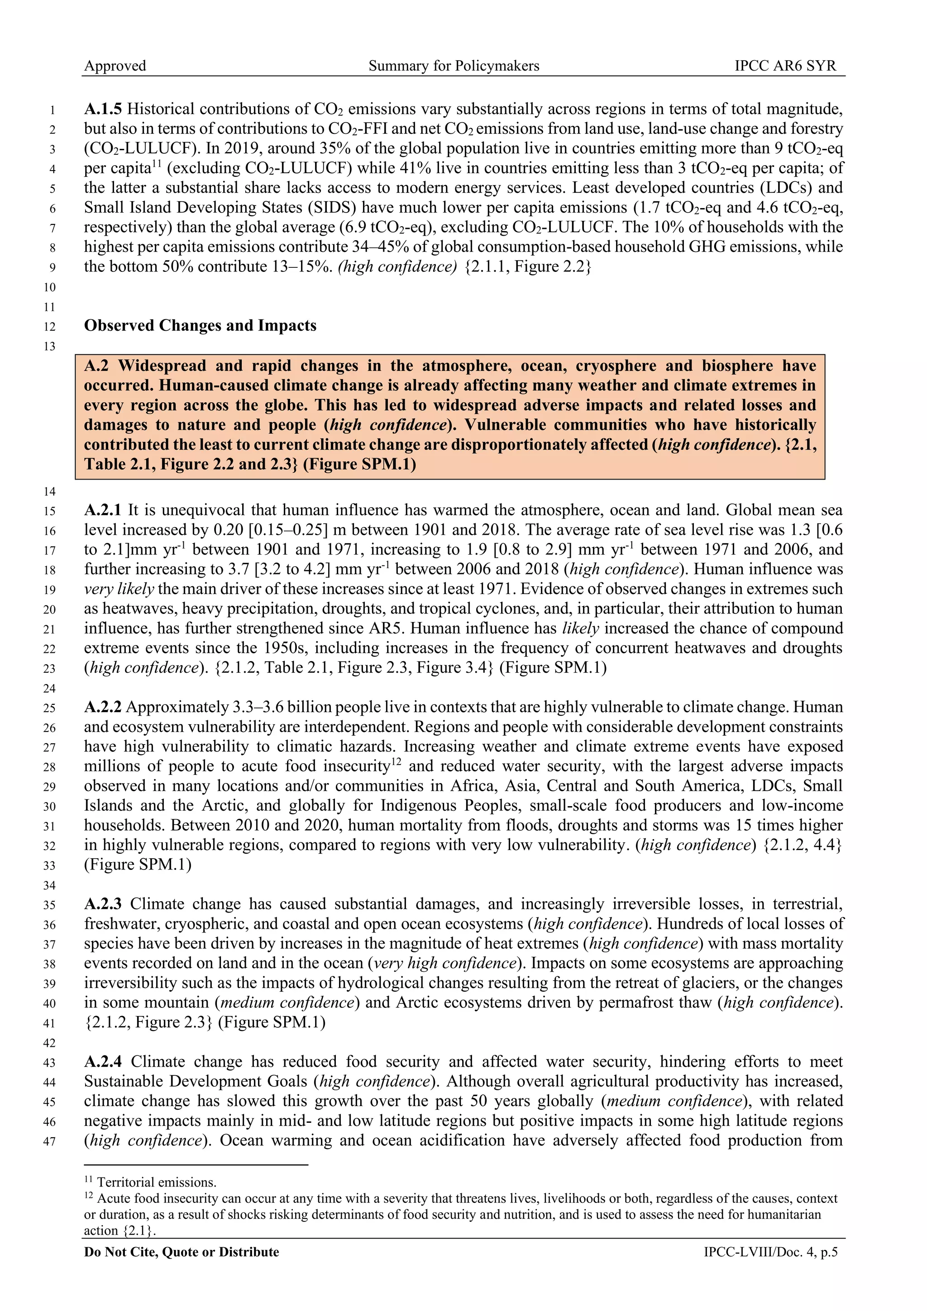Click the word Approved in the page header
click(x=115, y=66)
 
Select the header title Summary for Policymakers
click(x=454, y=66)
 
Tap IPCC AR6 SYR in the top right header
click(x=785, y=66)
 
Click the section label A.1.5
click(x=103, y=109)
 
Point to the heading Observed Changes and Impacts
click(x=200, y=325)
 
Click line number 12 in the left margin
click(x=50, y=327)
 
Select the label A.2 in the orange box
click(x=97, y=366)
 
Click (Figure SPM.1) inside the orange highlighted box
click(x=359, y=464)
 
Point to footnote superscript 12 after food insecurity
click(x=397, y=762)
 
